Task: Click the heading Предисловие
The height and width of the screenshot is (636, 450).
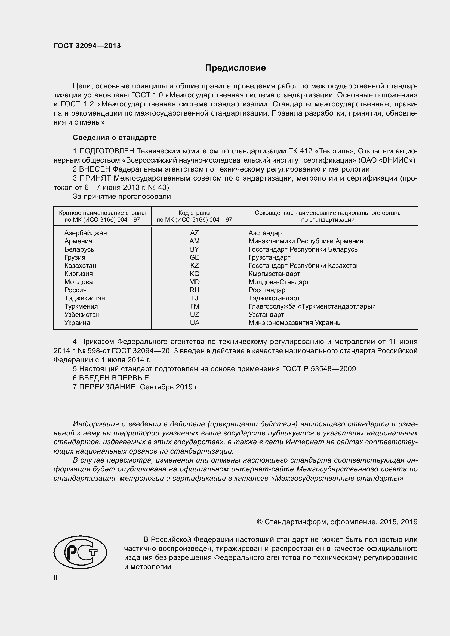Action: tap(235, 68)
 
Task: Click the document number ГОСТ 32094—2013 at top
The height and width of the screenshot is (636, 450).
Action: tap(87, 46)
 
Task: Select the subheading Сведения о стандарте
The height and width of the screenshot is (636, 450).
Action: tap(115, 138)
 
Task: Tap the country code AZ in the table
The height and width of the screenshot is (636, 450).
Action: tap(195, 233)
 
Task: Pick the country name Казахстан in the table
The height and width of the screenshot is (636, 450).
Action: tap(80, 266)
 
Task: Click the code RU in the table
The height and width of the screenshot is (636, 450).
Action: tap(195, 290)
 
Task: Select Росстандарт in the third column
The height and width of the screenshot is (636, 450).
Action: tap(268, 290)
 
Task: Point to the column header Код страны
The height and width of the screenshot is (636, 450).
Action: tap(194, 213)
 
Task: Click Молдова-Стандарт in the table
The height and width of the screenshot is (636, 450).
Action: tap(279, 282)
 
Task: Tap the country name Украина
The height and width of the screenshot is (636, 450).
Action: tap(77, 323)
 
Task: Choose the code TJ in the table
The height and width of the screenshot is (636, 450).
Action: tap(195, 298)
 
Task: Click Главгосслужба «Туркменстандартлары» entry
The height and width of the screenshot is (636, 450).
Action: tap(312, 306)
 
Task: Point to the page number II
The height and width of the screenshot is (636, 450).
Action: tap(56, 578)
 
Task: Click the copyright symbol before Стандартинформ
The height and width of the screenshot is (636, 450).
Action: tap(260, 522)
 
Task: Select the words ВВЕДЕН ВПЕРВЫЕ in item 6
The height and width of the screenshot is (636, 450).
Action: tap(114, 378)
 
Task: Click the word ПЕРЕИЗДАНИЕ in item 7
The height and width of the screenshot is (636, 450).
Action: tap(108, 387)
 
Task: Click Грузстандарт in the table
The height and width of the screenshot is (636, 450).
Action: tap(269, 257)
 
